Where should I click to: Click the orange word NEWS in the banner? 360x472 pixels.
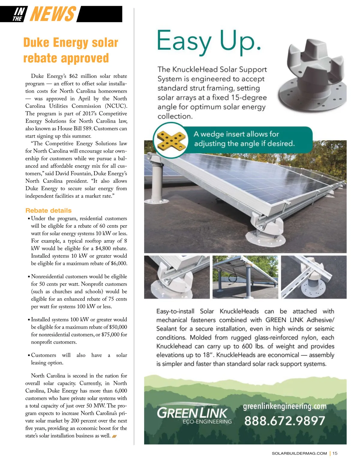53,14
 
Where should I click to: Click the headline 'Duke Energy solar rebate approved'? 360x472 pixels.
70,50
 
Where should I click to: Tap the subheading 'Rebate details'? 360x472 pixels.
48,210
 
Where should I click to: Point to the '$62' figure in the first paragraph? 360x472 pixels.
73,76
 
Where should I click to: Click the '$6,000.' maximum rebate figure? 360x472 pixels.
119,263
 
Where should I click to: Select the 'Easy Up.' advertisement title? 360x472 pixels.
209,41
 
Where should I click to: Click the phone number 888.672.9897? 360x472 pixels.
284,421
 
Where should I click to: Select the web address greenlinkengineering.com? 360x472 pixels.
284,406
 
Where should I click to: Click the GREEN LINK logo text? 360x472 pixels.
192,413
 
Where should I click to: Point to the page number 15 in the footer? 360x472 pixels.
335,453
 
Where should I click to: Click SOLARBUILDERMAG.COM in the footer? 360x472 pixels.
299,453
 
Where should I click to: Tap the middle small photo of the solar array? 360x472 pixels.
245,277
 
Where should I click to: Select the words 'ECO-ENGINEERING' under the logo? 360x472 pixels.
207,422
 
